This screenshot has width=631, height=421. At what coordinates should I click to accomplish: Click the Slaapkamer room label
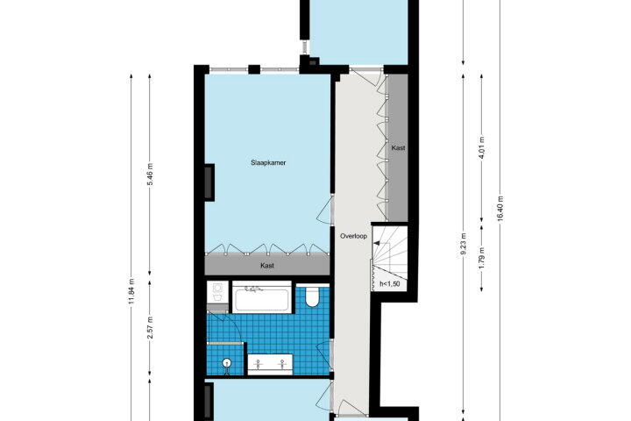tap(268, 163)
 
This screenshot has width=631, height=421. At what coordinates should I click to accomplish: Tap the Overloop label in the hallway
tap(353, 236)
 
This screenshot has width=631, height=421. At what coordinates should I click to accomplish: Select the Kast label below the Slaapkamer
tap(267, 266)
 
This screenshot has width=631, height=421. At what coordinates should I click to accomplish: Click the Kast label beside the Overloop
tap(398, 148)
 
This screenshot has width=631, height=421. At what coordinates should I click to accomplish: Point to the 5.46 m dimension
tap(150, 174)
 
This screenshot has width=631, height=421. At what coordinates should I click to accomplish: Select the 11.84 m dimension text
tap(131, 292)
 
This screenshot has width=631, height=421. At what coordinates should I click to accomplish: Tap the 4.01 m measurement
tap(482, 148)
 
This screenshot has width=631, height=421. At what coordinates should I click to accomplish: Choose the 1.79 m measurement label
tap(482, 258)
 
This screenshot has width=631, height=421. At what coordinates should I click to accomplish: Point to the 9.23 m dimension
tap(464, 244)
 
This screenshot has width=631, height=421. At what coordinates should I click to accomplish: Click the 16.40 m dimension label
tap(500, 208)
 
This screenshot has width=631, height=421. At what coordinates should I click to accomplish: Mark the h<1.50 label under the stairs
tap(389, 283)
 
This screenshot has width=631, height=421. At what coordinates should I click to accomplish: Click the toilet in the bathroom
tap(312, 296)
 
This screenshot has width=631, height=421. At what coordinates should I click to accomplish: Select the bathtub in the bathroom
tap(262, 297)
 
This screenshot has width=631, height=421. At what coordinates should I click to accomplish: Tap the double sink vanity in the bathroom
tap(270, 365)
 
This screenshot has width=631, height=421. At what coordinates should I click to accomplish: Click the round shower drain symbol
tap(227, 362)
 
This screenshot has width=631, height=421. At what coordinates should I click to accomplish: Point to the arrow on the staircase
tap(379, 243)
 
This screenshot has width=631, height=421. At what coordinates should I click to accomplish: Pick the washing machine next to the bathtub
tap(217, 292)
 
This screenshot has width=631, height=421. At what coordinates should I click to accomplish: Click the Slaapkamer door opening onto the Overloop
tap(325, 210)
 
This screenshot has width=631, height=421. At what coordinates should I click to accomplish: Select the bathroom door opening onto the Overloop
tap(325, 355)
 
